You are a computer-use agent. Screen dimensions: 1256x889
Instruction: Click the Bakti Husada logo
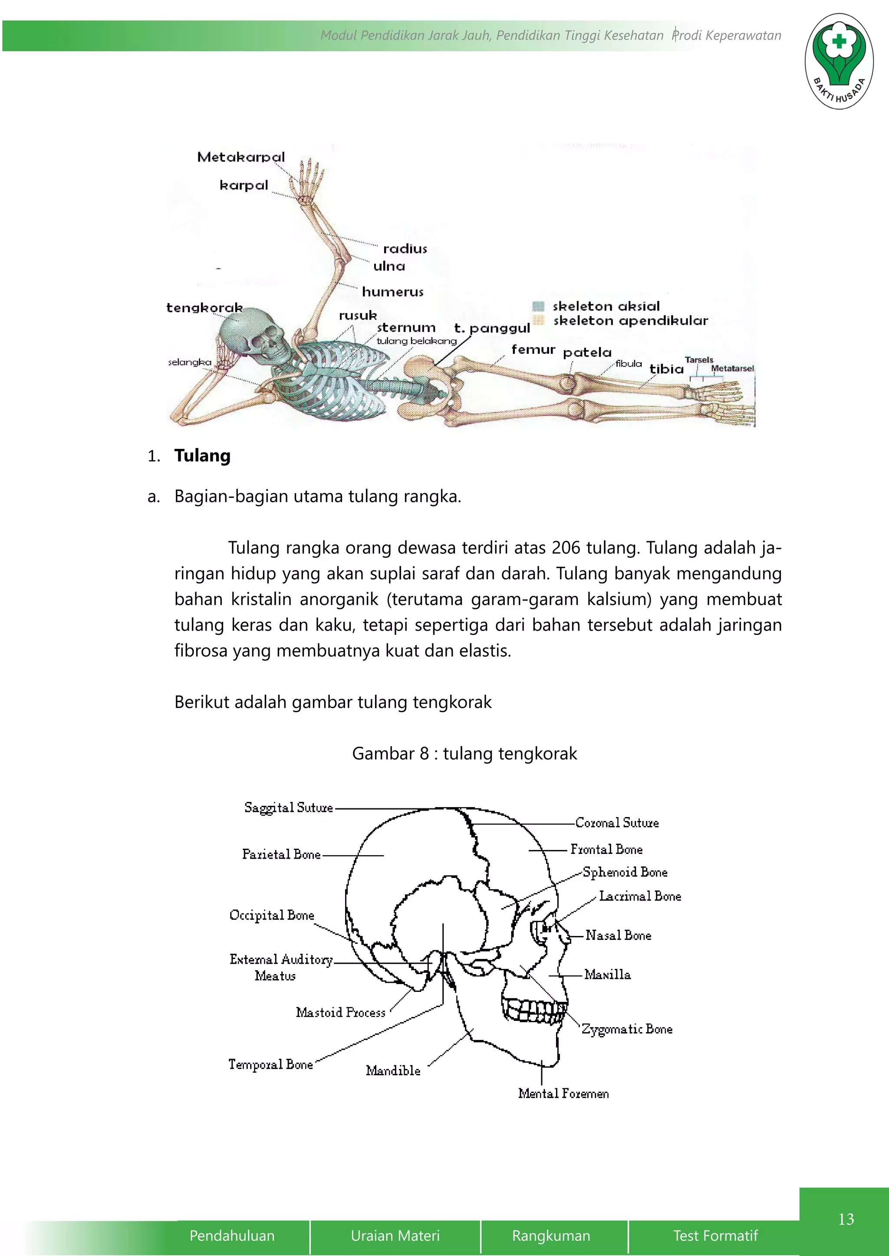(839, 61)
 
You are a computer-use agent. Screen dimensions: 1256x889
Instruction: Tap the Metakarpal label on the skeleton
(241, 157)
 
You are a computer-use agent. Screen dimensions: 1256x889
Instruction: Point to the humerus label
(392, 292)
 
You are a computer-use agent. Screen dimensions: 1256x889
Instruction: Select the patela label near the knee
(587, 353)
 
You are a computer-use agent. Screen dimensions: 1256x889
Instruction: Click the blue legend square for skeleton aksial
(539, 306)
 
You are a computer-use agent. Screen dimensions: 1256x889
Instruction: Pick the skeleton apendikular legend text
(631, 321)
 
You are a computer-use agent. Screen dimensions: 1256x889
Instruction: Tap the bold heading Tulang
(202, 456)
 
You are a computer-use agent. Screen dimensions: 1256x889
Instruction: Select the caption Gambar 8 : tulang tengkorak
(464, 754)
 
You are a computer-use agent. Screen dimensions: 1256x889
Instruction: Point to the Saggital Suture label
(289, 808)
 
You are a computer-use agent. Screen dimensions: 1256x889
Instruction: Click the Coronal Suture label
(617, 823)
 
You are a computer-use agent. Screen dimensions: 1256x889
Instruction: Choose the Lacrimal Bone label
(640, 896)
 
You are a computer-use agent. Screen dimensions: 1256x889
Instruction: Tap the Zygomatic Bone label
(627, 1029)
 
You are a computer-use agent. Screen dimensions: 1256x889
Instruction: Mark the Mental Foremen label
(563, 1093)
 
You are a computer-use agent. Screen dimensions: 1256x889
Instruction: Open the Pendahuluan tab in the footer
(232, 1236)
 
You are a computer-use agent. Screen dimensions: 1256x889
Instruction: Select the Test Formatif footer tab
(715, 1236)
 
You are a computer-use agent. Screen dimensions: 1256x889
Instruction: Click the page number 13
(846, 1219)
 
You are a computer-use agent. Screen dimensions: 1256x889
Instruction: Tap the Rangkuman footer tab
(551, 1236)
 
